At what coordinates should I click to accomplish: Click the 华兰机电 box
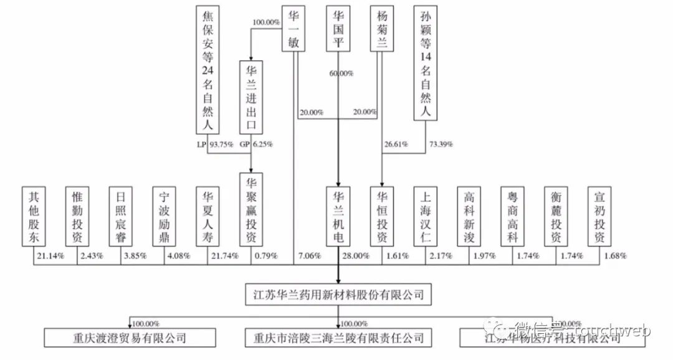(x=338, y=216)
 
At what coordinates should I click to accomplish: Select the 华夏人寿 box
(x=207, y=216)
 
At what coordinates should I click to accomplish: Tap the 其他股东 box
(x=34, y=216)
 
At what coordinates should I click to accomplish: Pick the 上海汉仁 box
(x=426, y=216)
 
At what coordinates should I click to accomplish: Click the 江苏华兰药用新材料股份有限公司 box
(x=338, y=293)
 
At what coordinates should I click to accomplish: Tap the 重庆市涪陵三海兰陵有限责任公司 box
(x=338, y=338)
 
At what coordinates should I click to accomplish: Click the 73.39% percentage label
(x=441, y=144)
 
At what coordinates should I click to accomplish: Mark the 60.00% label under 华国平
(x=341, y=73)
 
